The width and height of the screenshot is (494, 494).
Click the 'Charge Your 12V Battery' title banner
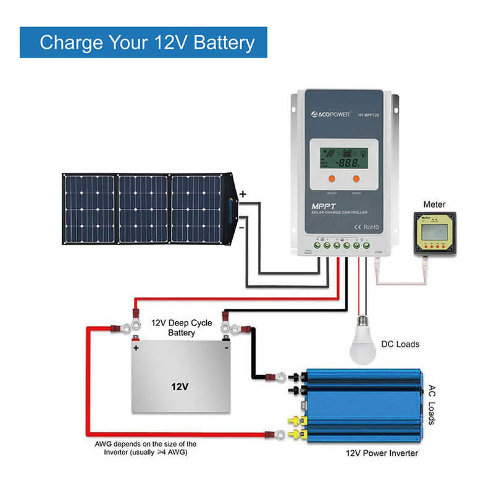coord(147,42)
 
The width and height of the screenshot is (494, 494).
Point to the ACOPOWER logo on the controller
coord(327,114)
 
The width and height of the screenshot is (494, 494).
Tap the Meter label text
coord(435,204)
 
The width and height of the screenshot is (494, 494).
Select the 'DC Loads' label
coord(400,344)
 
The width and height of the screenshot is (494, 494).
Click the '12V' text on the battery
coord(180,387)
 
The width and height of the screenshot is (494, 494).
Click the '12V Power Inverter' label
coord(382,453)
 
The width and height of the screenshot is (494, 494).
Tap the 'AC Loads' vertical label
coord(432,405)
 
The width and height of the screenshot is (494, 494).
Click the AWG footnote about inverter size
coord(145,448)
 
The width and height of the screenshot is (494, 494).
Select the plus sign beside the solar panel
coord(243,194)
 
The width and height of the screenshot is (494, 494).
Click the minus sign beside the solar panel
coord(241,227)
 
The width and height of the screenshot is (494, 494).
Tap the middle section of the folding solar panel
coord(143,208)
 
